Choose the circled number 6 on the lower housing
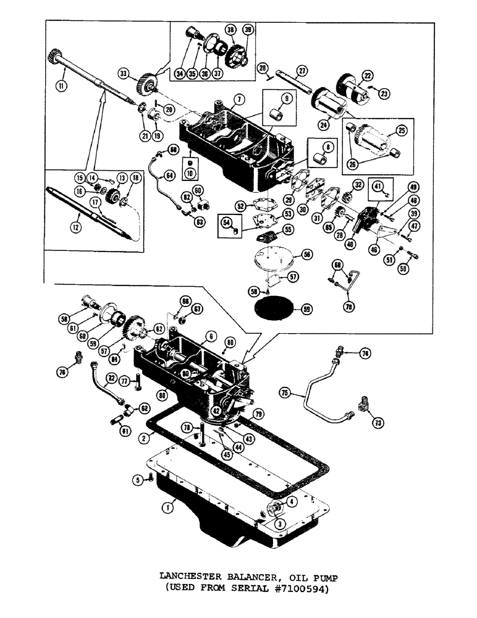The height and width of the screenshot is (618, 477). (x=211, y=336)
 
